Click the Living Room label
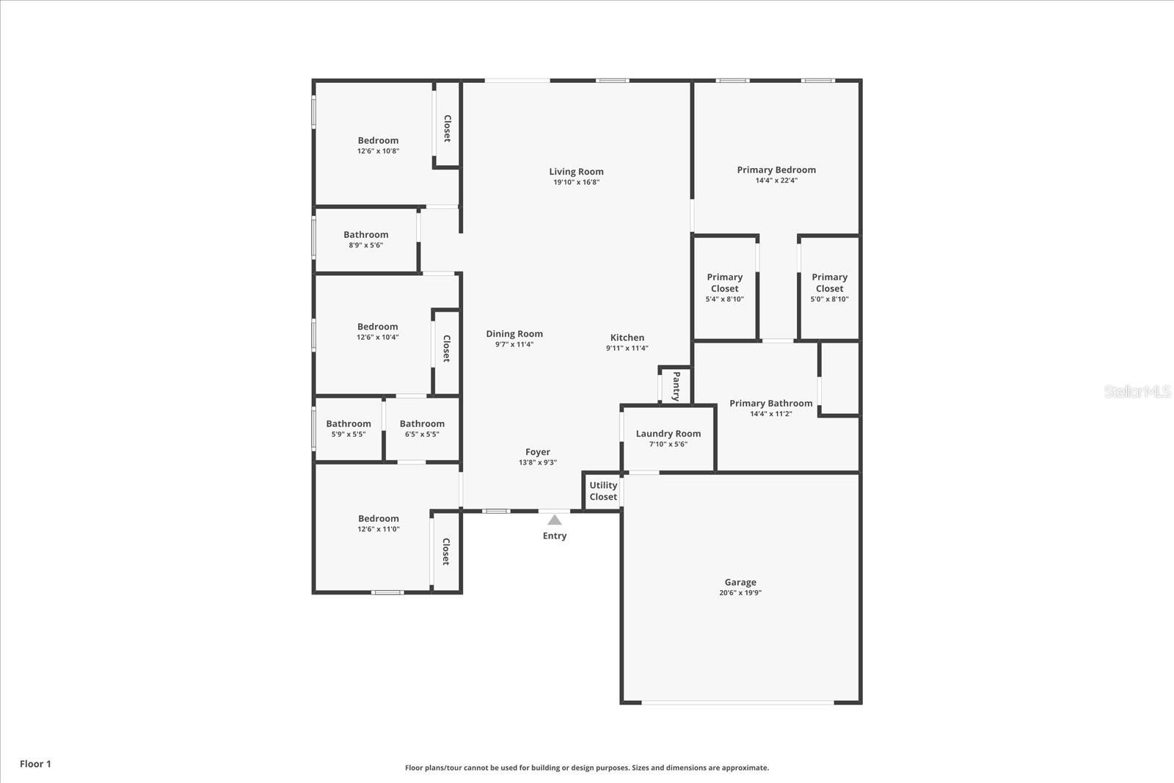[x=576, y=172]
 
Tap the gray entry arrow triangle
[x=555, y=520]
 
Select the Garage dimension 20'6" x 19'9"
[x=740, y=593]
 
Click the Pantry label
[x=677, y=386]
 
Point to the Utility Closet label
[x=603, y=491]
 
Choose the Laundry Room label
[x=668, y=434]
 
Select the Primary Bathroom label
[x=770, y=404]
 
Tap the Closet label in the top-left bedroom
[x=447, y=128]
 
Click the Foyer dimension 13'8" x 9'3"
[x=537, y=462]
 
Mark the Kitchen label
[x=627, y=338]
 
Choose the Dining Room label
[x=514, y=334]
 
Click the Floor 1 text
[x=35, y=764]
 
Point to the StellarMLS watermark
[x=1137, y=391]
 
